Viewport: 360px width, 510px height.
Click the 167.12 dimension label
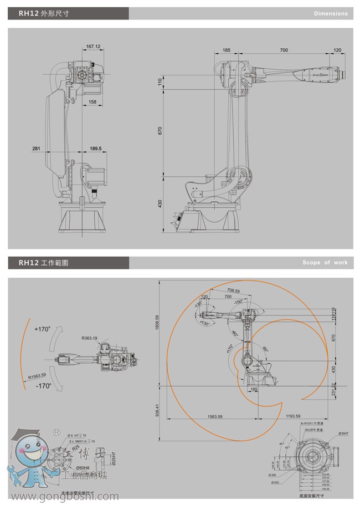point(93,47)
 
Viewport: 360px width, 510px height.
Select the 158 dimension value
point(92,102)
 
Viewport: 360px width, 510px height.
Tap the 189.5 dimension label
point(96,149)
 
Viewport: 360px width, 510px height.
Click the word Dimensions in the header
point(331,13)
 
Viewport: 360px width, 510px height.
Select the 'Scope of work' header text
point(325,262)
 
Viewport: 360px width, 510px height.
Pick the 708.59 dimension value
point(233,290)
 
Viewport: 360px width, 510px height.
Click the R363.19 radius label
point(89,338)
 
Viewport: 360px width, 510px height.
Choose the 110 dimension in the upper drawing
point(160,81)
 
